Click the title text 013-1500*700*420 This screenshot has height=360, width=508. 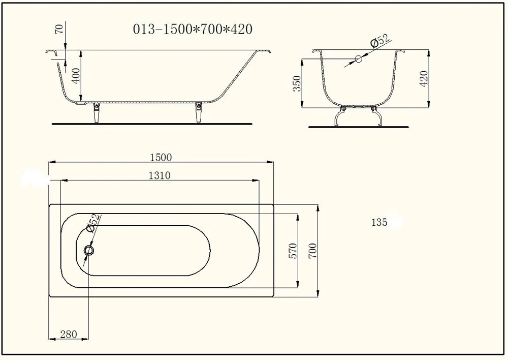click(193, 29)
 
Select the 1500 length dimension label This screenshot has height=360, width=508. click(161, 157)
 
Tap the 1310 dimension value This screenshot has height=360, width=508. click(160, 175)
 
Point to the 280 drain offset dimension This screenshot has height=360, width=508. click(69, 334)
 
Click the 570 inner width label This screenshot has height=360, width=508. click(293, 251)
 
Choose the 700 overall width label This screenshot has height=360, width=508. click(312, 251)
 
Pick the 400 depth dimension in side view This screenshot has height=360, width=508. click(76, 76)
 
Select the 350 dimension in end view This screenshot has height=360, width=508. click(297, 83)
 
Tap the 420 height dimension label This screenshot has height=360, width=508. click(424, 78)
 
